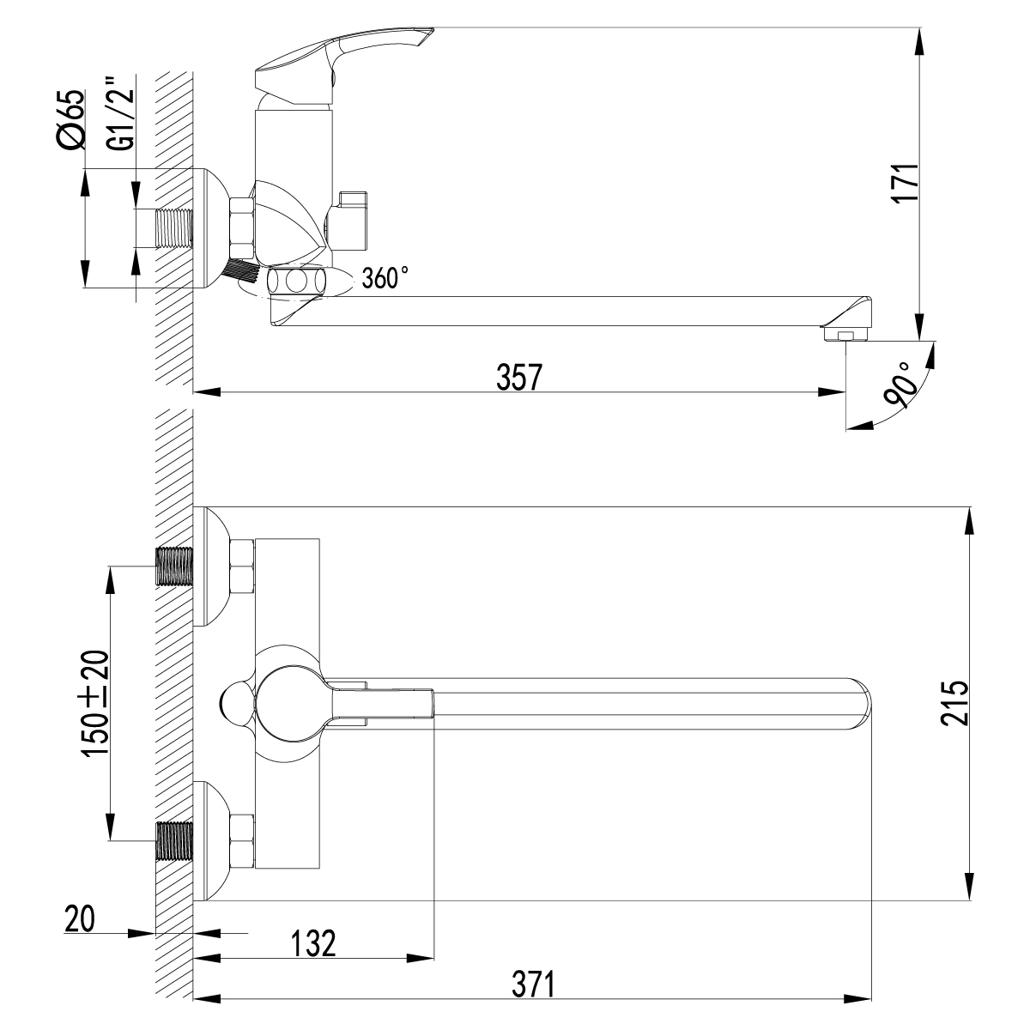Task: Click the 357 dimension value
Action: click(520, 376)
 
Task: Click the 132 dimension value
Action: click(312, 942)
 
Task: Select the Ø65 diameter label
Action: click(72, 119)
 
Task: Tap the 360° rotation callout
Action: click(385, 278)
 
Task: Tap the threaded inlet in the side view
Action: click(173, 229)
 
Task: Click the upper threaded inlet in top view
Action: click(175, 566)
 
